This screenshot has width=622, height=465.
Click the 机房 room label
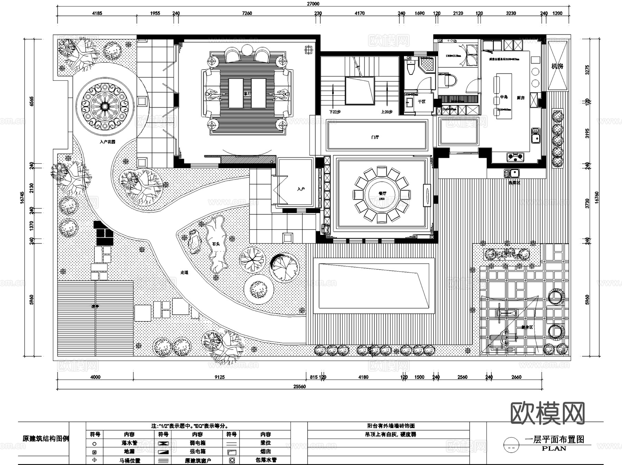pos(557,66)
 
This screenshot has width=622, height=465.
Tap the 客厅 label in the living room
pos(247,93)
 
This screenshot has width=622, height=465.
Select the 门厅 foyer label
pos(375,137)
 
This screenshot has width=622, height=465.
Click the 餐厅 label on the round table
pos(382,194)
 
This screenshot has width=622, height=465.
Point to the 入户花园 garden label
pos(107,142)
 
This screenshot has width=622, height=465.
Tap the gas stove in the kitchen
pos(515,157)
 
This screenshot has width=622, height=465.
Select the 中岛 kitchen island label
pos(504,97)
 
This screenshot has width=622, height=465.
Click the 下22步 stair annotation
pos(334,112)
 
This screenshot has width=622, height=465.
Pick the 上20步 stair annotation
pos(387,112)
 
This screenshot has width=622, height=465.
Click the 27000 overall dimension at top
pos(313,4)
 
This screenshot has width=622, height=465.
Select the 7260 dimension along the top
pos(247,13)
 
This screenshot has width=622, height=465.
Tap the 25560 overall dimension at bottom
pos(300,387)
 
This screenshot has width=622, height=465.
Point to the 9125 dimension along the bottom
pos(219,377)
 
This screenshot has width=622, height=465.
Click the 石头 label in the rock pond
pos(216,244)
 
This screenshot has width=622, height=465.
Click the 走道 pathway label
pos(185,272)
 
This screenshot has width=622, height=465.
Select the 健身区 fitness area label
pos(527,327)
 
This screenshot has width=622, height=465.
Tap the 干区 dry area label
pos(422,101)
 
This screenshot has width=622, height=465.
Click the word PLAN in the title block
pos(554,448)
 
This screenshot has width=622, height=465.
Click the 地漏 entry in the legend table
pos(129,451)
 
